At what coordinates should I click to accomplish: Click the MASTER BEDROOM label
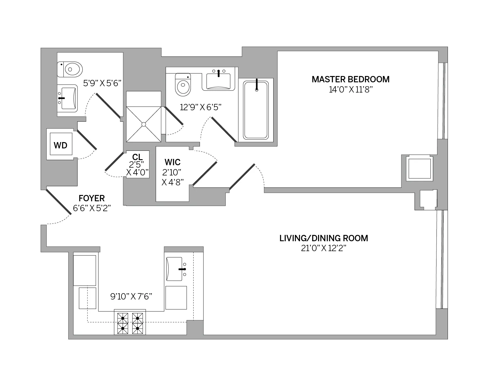(351, 79)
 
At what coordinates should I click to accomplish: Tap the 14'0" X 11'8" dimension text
(351, 90)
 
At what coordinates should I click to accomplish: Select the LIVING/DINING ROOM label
(323, 238)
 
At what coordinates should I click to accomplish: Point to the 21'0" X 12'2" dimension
(323, 248)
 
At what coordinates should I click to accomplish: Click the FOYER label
(92, 198)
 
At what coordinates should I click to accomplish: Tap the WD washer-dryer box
(60, 145)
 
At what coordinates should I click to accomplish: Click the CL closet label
(137, 157)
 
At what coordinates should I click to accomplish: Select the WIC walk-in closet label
(173, 162)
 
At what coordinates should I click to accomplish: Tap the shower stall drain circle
(144, 124)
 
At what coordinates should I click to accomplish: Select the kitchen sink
(174, 269)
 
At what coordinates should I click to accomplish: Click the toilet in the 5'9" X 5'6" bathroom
(70, 69)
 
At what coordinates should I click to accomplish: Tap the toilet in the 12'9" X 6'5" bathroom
(183, 85)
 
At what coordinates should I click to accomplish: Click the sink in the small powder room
(67, 98)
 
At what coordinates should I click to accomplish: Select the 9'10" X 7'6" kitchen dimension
(131, 297)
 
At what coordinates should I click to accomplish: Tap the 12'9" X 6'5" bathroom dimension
(201, 107)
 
